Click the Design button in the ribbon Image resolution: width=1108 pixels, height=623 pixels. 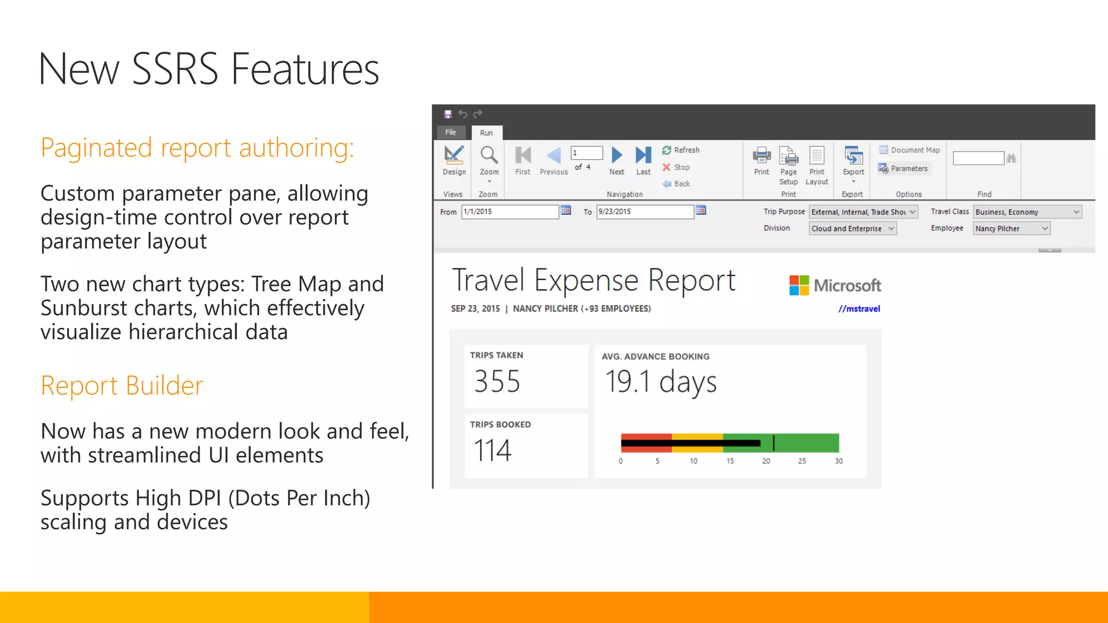coord(454,160)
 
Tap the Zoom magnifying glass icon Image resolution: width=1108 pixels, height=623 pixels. coord(489,156)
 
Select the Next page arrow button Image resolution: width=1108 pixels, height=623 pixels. coord(616,156)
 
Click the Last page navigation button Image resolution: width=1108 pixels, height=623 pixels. coord(643,156)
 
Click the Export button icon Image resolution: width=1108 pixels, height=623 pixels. coord(853,156)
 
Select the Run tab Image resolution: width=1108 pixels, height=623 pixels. coord(486,132)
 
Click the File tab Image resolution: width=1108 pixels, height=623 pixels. coord(451,132)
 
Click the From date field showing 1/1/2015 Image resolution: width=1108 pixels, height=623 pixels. coord(509,211)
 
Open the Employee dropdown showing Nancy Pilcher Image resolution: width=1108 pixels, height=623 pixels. coord(1011,229)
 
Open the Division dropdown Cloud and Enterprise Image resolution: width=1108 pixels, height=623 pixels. coord(853,229)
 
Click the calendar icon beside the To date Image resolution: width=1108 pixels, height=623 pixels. coord(701,210)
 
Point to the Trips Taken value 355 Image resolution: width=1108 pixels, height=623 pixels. coord(497,381)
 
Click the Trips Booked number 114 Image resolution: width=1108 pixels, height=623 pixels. coord(493,450)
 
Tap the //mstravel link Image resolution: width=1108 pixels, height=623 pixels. coord(859,309)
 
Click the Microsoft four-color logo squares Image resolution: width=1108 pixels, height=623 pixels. coord(799,285)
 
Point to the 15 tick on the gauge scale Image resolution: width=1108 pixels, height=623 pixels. coord(730,461)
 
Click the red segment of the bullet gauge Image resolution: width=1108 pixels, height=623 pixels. coord(646,436)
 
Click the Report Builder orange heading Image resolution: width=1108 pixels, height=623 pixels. coord(122,386)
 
